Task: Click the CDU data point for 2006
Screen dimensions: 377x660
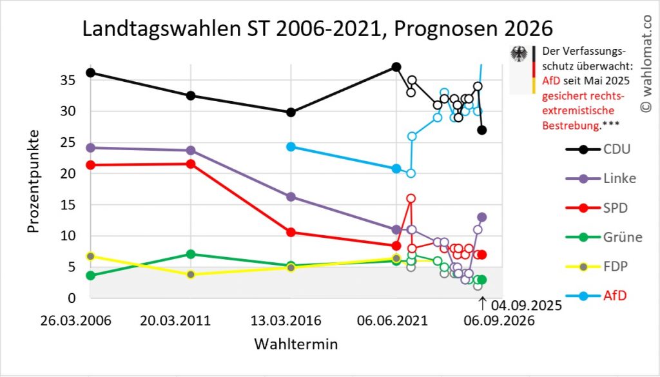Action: pyautogui.click(x=90, y=73)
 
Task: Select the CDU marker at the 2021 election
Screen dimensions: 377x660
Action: pyautogui.click(x=396, y=67)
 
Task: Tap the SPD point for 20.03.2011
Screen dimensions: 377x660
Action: pyautogui.click(x=191, y=164)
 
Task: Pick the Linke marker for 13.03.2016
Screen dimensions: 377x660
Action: pyautogui.click(x=291, y=197)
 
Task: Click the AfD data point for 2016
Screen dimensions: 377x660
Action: pyautogui.click(x=291, y=147)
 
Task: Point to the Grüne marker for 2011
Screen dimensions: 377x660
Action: pyautogui.click(x=191, y=254)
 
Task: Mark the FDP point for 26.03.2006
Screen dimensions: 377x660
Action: pyautogui.click(x=90, y=256)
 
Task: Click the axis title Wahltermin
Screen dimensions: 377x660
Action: pyautogui.click(x=296, y=343)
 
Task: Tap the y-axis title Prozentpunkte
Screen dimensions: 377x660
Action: pyautogui.click(x=34, y=182)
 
